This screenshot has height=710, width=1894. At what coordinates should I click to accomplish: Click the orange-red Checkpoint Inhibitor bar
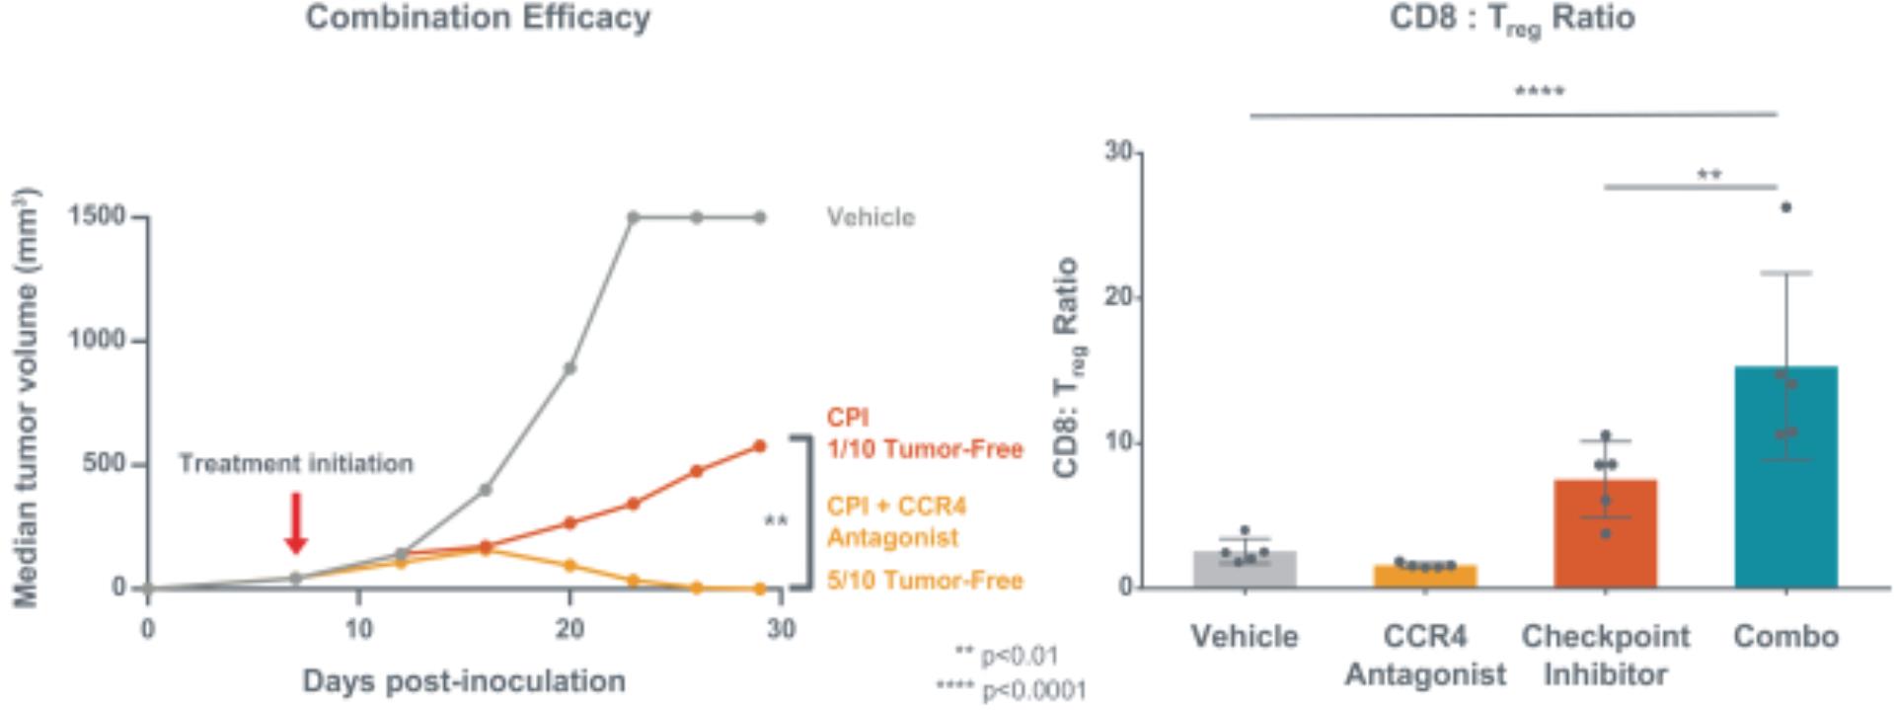tap(1605, 533)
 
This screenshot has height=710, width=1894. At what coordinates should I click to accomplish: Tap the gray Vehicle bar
tap(1245, 569)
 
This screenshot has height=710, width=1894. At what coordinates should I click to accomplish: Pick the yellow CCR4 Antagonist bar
tap(1425, 576)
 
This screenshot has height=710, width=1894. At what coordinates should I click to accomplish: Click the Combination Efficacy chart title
tap(478, 18)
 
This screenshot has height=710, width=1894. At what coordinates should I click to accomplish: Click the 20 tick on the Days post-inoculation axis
tap(569, 629)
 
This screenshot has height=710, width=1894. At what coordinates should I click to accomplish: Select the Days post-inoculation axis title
tap(464, 681)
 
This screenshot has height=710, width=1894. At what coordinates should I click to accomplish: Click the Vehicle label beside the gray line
tap(871, 217)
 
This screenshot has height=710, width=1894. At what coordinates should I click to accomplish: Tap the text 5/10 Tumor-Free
tap(925, 581)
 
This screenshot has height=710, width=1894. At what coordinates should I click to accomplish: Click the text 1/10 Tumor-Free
tap(925, 449)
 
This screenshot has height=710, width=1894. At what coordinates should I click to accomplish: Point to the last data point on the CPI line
tap(759, 446)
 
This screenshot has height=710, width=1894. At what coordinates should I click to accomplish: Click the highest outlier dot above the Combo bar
tap(1785, 207)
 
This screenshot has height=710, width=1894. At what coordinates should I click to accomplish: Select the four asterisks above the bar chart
tap(1540, 93)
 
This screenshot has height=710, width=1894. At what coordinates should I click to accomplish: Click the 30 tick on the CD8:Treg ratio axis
tap(1118, 152)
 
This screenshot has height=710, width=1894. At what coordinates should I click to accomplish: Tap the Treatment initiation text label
tap(296, 463)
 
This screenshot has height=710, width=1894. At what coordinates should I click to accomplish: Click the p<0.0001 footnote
tap(1011, 690)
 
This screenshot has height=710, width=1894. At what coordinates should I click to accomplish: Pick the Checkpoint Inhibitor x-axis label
tap(1606, 655)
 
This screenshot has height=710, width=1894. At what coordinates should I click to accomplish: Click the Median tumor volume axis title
tap(27, 397)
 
